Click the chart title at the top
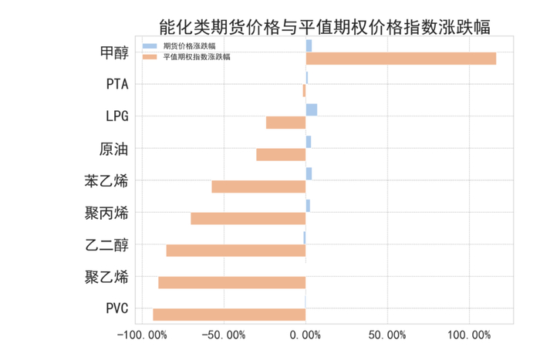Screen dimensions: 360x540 (324, 28)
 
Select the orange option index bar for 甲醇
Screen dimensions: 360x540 (400, 59)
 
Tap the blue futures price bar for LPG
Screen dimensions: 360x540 (311, 109)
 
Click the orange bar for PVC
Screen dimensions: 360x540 (229, 314)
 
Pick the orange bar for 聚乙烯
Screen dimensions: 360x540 (231, 282)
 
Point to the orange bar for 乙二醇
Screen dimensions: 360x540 (236, 250)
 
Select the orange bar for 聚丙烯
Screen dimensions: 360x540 (248, 218)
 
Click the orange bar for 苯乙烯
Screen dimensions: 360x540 (258, 186)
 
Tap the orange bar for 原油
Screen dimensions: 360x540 (281, 154)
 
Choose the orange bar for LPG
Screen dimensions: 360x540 (285, 123)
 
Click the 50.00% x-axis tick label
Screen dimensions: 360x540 (387, 335)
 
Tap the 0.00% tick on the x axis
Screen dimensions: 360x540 (305, 335)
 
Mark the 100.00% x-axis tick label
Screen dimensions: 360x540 (469, 335)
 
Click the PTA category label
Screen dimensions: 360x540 (117, 85)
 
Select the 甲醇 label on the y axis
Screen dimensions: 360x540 (115, 52)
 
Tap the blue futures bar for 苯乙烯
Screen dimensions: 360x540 (309, 173)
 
